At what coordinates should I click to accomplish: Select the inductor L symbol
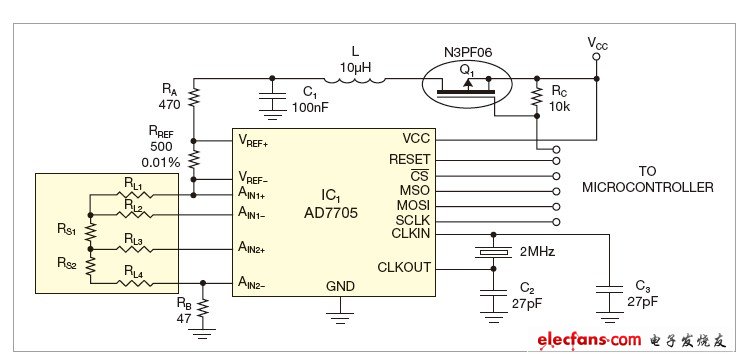point(354,77)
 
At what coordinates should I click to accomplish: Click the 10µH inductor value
point(354,65)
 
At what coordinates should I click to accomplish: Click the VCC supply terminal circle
point(596,58)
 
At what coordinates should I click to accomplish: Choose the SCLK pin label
point(412,220)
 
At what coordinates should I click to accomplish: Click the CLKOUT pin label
point(404,267)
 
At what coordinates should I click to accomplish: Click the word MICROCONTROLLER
point(647,187)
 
